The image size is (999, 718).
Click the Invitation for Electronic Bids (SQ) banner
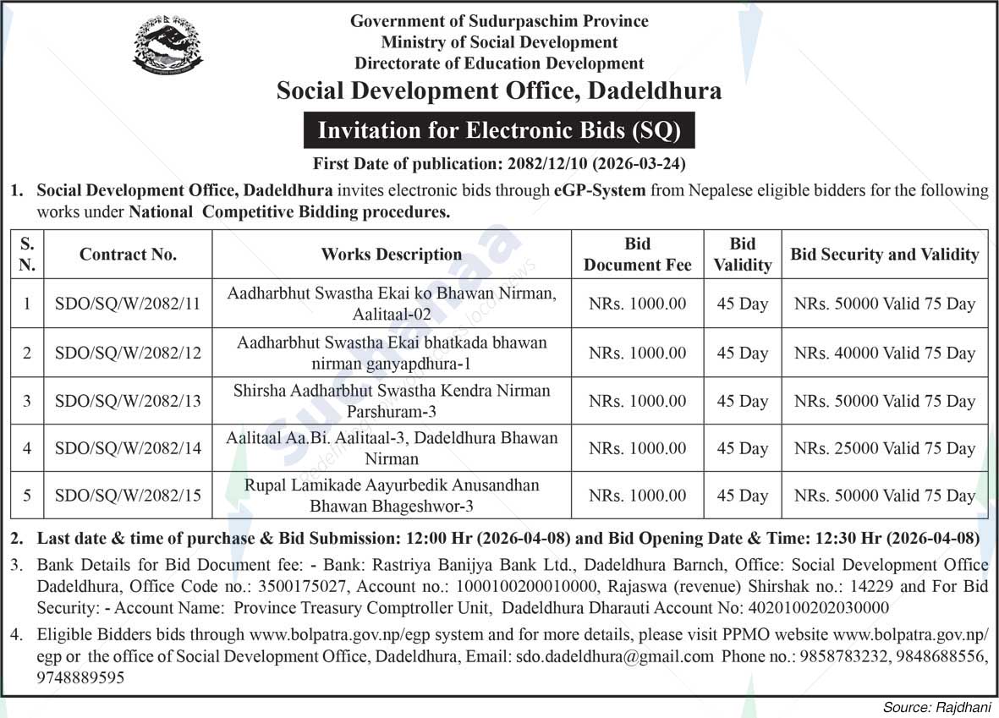click(499, 130)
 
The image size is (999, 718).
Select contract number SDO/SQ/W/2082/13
click(128, 401)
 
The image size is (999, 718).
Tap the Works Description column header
click(392, 254)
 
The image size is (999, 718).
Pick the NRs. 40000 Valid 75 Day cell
click(885, 353)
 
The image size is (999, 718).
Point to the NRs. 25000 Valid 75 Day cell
click(885, 448)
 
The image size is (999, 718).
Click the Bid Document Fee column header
click(637, 254)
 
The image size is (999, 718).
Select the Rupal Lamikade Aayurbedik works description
click(392, 496)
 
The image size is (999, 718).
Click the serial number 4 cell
click(27, 448)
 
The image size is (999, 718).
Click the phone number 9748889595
click(80, 677)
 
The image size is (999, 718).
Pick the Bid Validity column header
click(742, 254)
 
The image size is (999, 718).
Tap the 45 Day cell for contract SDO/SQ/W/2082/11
click(742, 304)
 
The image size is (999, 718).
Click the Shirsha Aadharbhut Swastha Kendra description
click(392, 401)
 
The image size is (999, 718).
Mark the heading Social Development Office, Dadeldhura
click(499, 90)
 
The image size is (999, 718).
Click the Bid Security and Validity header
click(885, 254)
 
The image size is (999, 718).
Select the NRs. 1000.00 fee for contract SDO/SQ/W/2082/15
click(637, 496)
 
